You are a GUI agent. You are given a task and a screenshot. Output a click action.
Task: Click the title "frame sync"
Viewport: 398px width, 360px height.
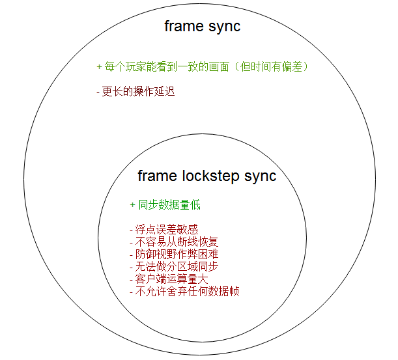point(202,27)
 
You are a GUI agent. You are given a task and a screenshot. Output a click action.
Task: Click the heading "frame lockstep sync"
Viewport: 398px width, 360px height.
point(206,176)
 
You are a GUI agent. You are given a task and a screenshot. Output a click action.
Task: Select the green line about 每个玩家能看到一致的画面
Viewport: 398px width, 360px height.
point(202,67)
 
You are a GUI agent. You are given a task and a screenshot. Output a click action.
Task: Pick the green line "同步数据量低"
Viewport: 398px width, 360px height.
point(165,205)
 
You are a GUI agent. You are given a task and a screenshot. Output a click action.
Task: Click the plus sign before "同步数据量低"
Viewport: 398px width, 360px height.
point(132,205)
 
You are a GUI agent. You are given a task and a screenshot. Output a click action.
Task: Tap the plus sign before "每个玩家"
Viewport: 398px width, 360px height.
point(99,67)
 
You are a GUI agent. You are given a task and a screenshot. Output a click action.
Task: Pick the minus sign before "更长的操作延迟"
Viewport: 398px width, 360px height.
point(98,92)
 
